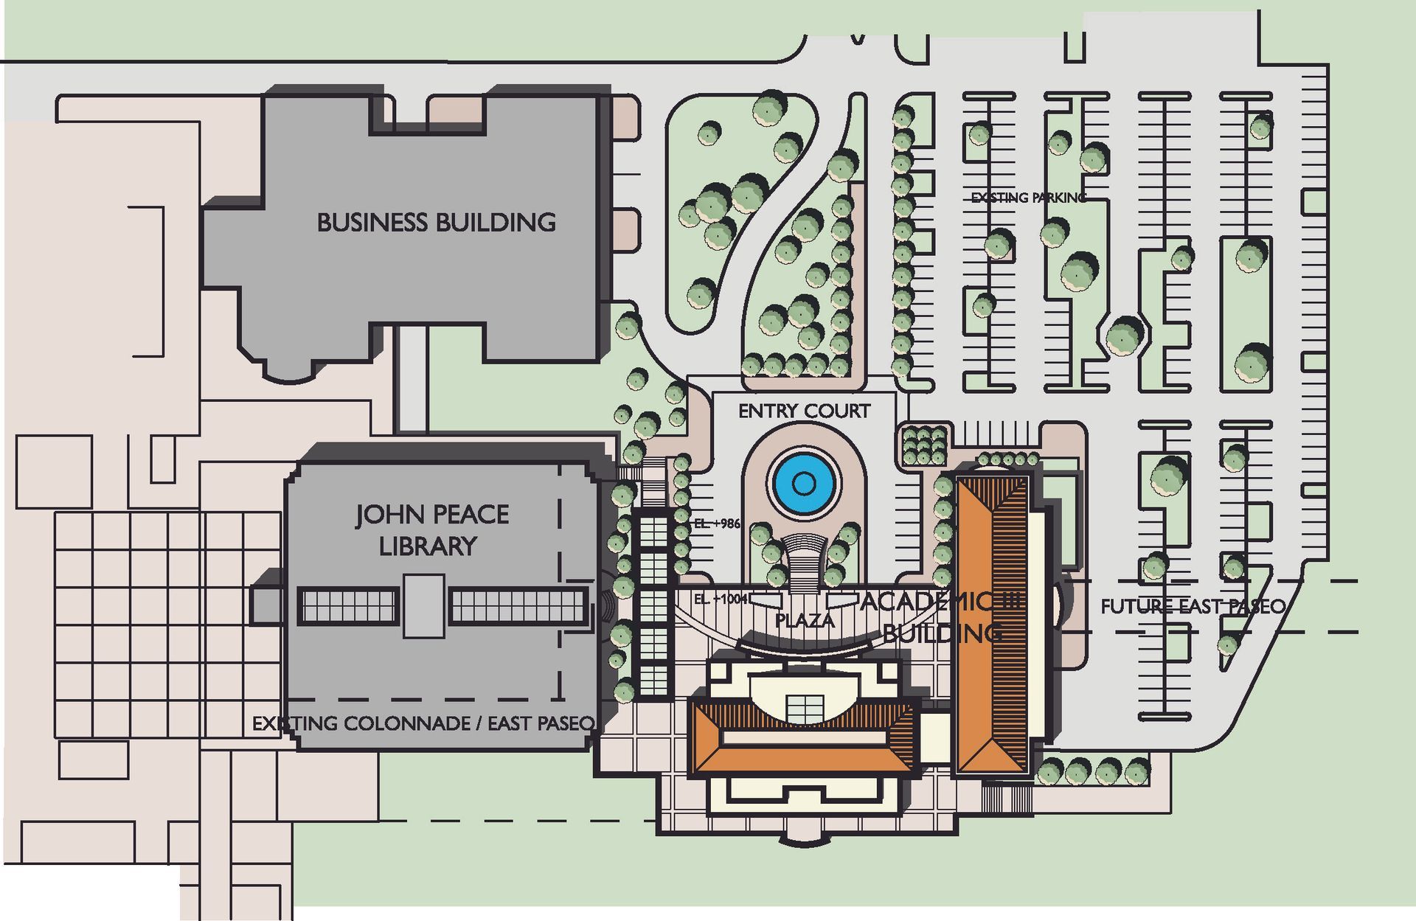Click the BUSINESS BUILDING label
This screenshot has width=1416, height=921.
pyautogui.click(x=436, y=222)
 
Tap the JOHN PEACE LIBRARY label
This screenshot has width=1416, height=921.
pyautogui.click(x=431, y=529)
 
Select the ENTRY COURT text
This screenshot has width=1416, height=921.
pyautogui.click(x=804, y=411)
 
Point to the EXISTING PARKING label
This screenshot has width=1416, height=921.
pyautogui.click(x=1028, y=198)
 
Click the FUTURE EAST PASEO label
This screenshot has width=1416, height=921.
pyautogui.click(x=1193, y=606)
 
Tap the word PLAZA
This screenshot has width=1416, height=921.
pyautogui.click(x=805, y=620)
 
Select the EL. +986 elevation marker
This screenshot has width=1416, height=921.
pyautogui.click(x=716, y=524)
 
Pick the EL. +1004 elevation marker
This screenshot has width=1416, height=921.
pyautogui.click(x=721, y=599)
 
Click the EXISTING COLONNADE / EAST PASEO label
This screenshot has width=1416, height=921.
pyautogui.click(x=423, y=723)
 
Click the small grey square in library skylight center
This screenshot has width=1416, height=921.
pyautogui.click(x=424, y=607)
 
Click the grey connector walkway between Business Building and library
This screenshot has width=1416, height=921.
pyautogui.click(x=412, y=379)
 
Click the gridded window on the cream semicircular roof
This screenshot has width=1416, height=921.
pyautogui.click(x=805, y=709)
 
